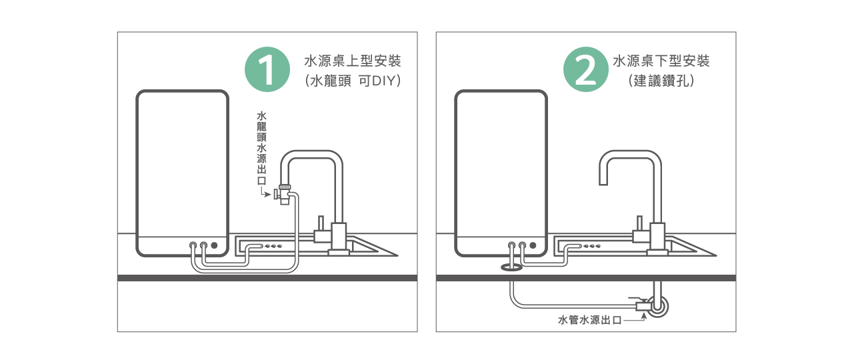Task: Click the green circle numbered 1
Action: click(x=267, y=69)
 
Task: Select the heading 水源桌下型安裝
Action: click(x=661, y=61)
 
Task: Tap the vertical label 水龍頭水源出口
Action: click(x=261, y=148)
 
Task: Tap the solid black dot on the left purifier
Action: click(x=215, y=245)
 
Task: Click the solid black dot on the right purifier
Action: click(x=533, y=245)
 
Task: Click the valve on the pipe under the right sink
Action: click(x=644, y=306)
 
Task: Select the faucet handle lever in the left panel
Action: click(x=321, y=224)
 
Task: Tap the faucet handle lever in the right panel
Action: click(x=639, y=224)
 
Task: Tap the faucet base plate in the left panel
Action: click(x=339, y=253)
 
